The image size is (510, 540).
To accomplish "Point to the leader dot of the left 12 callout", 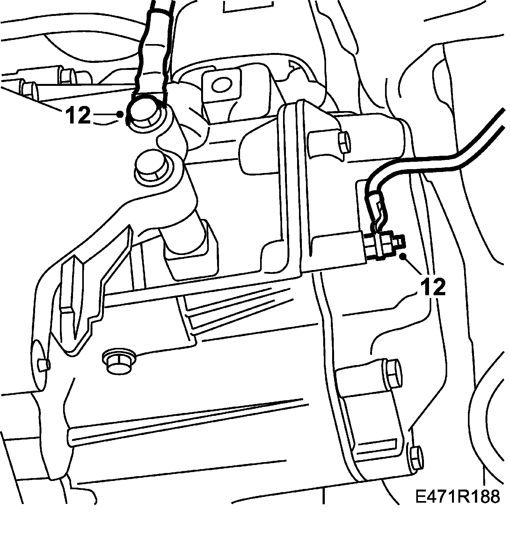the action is pos(120,114).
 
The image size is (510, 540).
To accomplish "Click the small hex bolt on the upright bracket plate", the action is pos(343,143).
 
